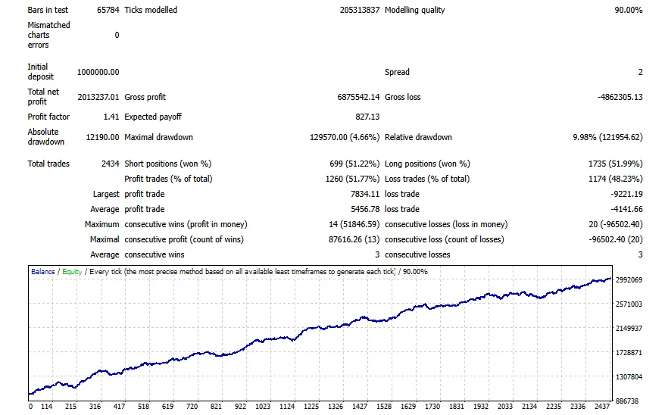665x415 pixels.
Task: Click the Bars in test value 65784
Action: [x=108, y=10]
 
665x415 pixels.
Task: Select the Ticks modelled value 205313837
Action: [x=360, y=10]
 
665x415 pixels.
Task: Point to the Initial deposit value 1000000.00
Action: [x=98, y=72]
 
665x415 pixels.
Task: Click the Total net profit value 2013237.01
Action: [x=98, y=97]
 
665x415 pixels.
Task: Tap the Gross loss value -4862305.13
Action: [x=620, y=97]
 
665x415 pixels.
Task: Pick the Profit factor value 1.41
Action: [x=111, y=117]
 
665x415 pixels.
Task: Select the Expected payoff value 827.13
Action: [x=367, y=117]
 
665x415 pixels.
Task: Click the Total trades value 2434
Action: [x=111, y=164]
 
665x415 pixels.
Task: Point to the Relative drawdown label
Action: [x=418, y=137]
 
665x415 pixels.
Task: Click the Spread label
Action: [x=397, y=72]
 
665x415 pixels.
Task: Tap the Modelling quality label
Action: [x=415, y=10]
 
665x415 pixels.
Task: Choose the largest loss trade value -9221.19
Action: [x=627, y=194]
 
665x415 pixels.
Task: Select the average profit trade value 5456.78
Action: [x=365, y=210]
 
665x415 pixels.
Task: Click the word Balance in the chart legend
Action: [x=43, y=272]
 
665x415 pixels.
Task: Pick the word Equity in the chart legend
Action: [x=72, y=272]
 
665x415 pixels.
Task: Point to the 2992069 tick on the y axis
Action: [x=629, y=279]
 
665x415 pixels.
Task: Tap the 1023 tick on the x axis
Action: [x=263, y=407]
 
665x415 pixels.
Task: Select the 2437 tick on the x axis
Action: [x=602, y=407]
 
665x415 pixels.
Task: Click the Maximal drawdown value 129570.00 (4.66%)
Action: [x=345, y=137]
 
